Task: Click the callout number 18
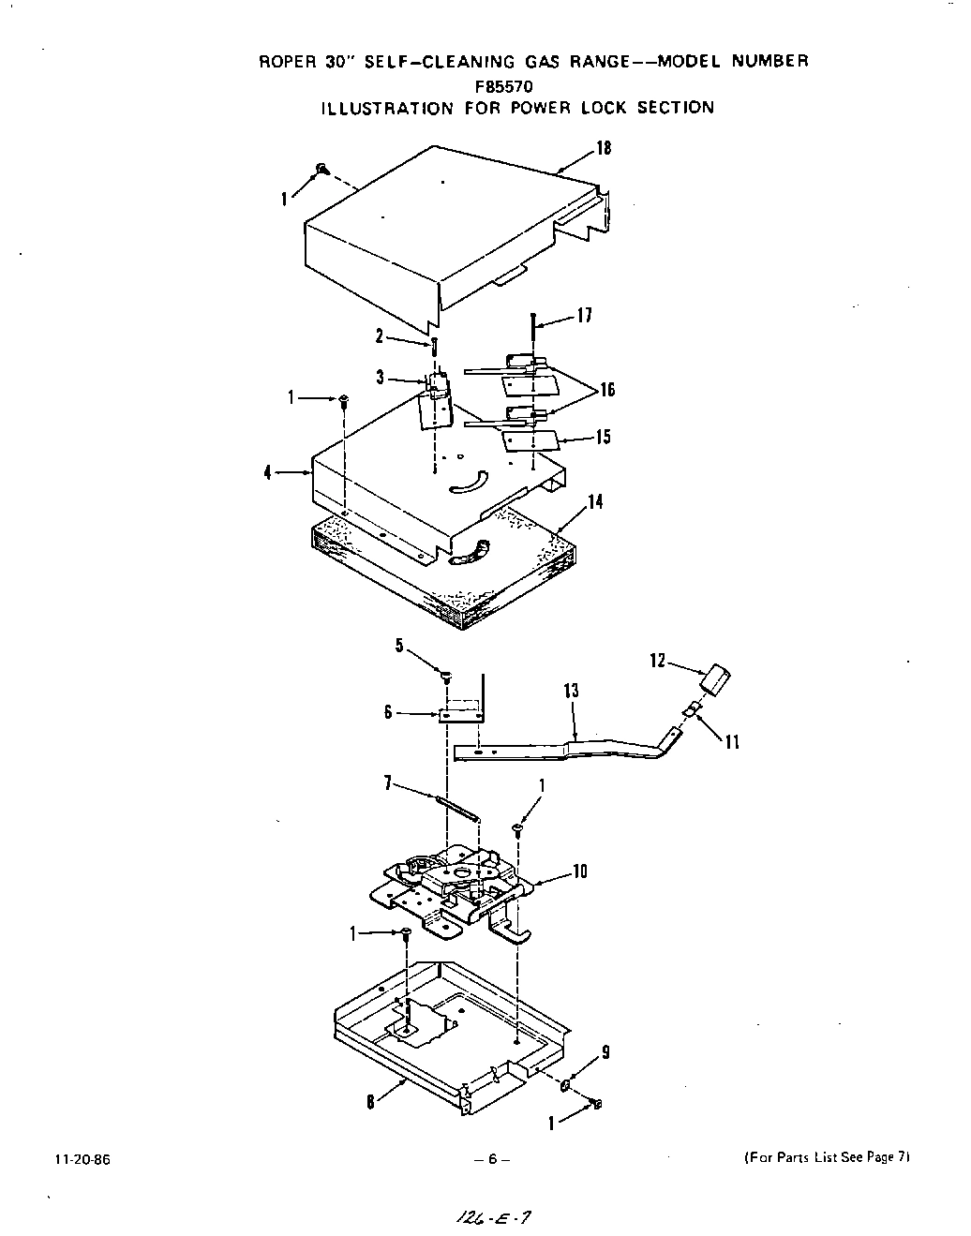(604, 148)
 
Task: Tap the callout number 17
(584, 316)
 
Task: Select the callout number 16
(607, 390)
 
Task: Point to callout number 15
(603, 437)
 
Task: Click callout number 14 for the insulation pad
(594, 502)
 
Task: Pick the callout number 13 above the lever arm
(571, 692)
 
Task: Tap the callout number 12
(657, 661)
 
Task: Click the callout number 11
(732, 742)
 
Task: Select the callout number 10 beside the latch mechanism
(579, 871)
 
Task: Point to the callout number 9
(605, 1052)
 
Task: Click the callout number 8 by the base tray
(371, 1103)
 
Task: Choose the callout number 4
(268, 473)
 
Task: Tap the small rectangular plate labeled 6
(459, 715)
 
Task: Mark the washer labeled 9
(567, 1085)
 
